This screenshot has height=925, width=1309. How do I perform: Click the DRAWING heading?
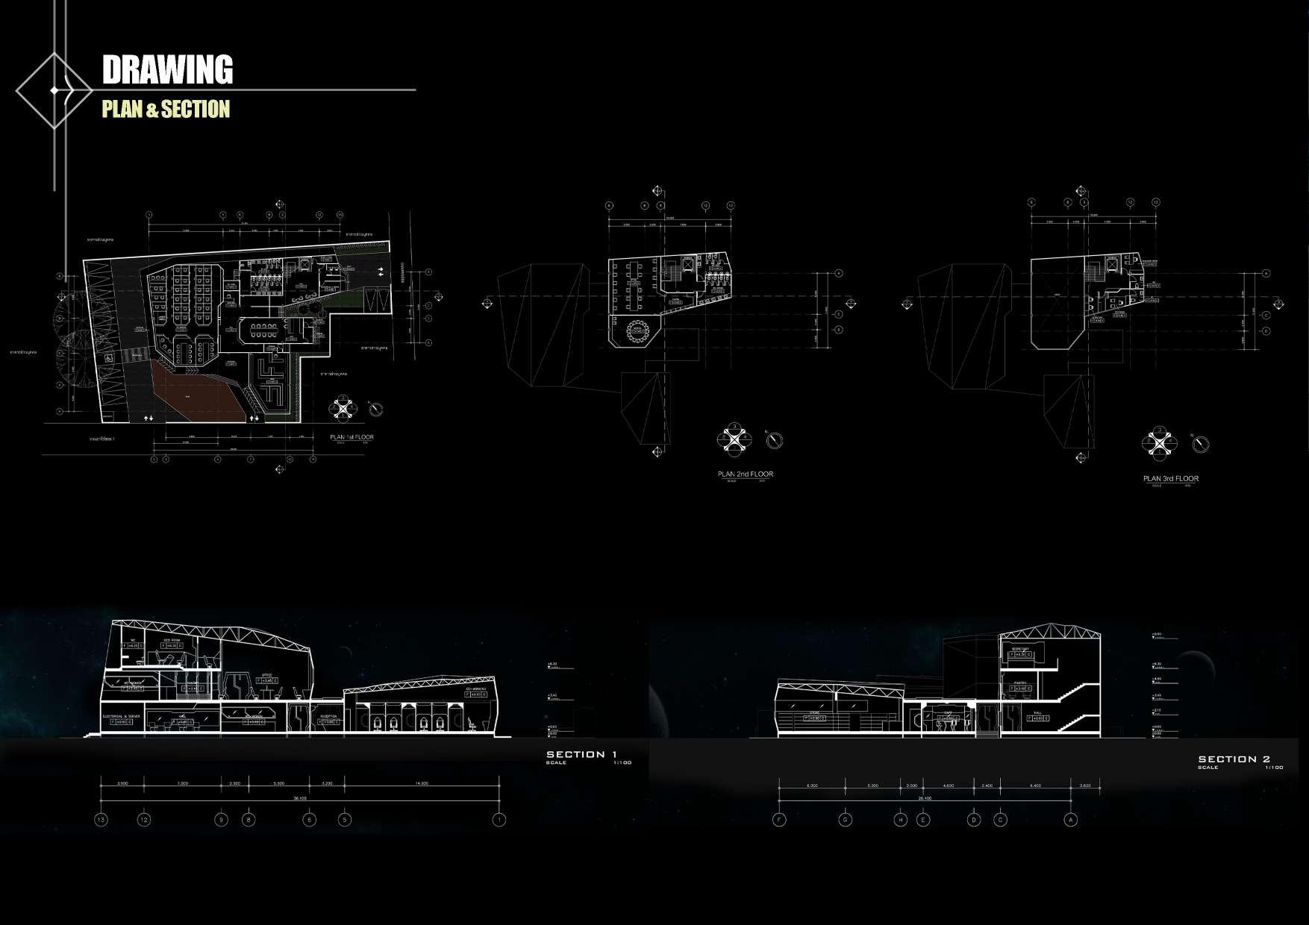coord(167,69)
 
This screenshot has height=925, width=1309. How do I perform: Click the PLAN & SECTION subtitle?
coord(166,110)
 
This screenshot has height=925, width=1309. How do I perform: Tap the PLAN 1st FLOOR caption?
coord(352,437)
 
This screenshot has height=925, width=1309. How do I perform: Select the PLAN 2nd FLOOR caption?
coord(745,474)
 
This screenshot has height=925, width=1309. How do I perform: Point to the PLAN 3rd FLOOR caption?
coord(1170,479)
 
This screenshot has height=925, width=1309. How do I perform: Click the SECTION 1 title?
coord(586,754)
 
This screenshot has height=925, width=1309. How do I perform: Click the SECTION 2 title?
coord(1234,759)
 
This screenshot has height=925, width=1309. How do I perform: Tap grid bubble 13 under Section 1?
coord(101,820)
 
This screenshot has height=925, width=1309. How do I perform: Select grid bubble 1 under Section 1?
coord(499,820)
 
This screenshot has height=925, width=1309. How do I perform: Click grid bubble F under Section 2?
coord(779,820)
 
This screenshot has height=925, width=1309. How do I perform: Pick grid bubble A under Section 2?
coord(1071,820)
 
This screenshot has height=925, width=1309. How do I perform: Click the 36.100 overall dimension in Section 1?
coord(300,797)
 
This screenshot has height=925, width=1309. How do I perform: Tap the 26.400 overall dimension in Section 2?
coord(925,797)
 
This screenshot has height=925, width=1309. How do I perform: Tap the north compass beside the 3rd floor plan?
coord(1201,445)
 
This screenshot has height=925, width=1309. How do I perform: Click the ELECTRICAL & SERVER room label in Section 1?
coord(121,716)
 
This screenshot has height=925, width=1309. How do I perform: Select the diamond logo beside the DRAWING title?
coord(54,90)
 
